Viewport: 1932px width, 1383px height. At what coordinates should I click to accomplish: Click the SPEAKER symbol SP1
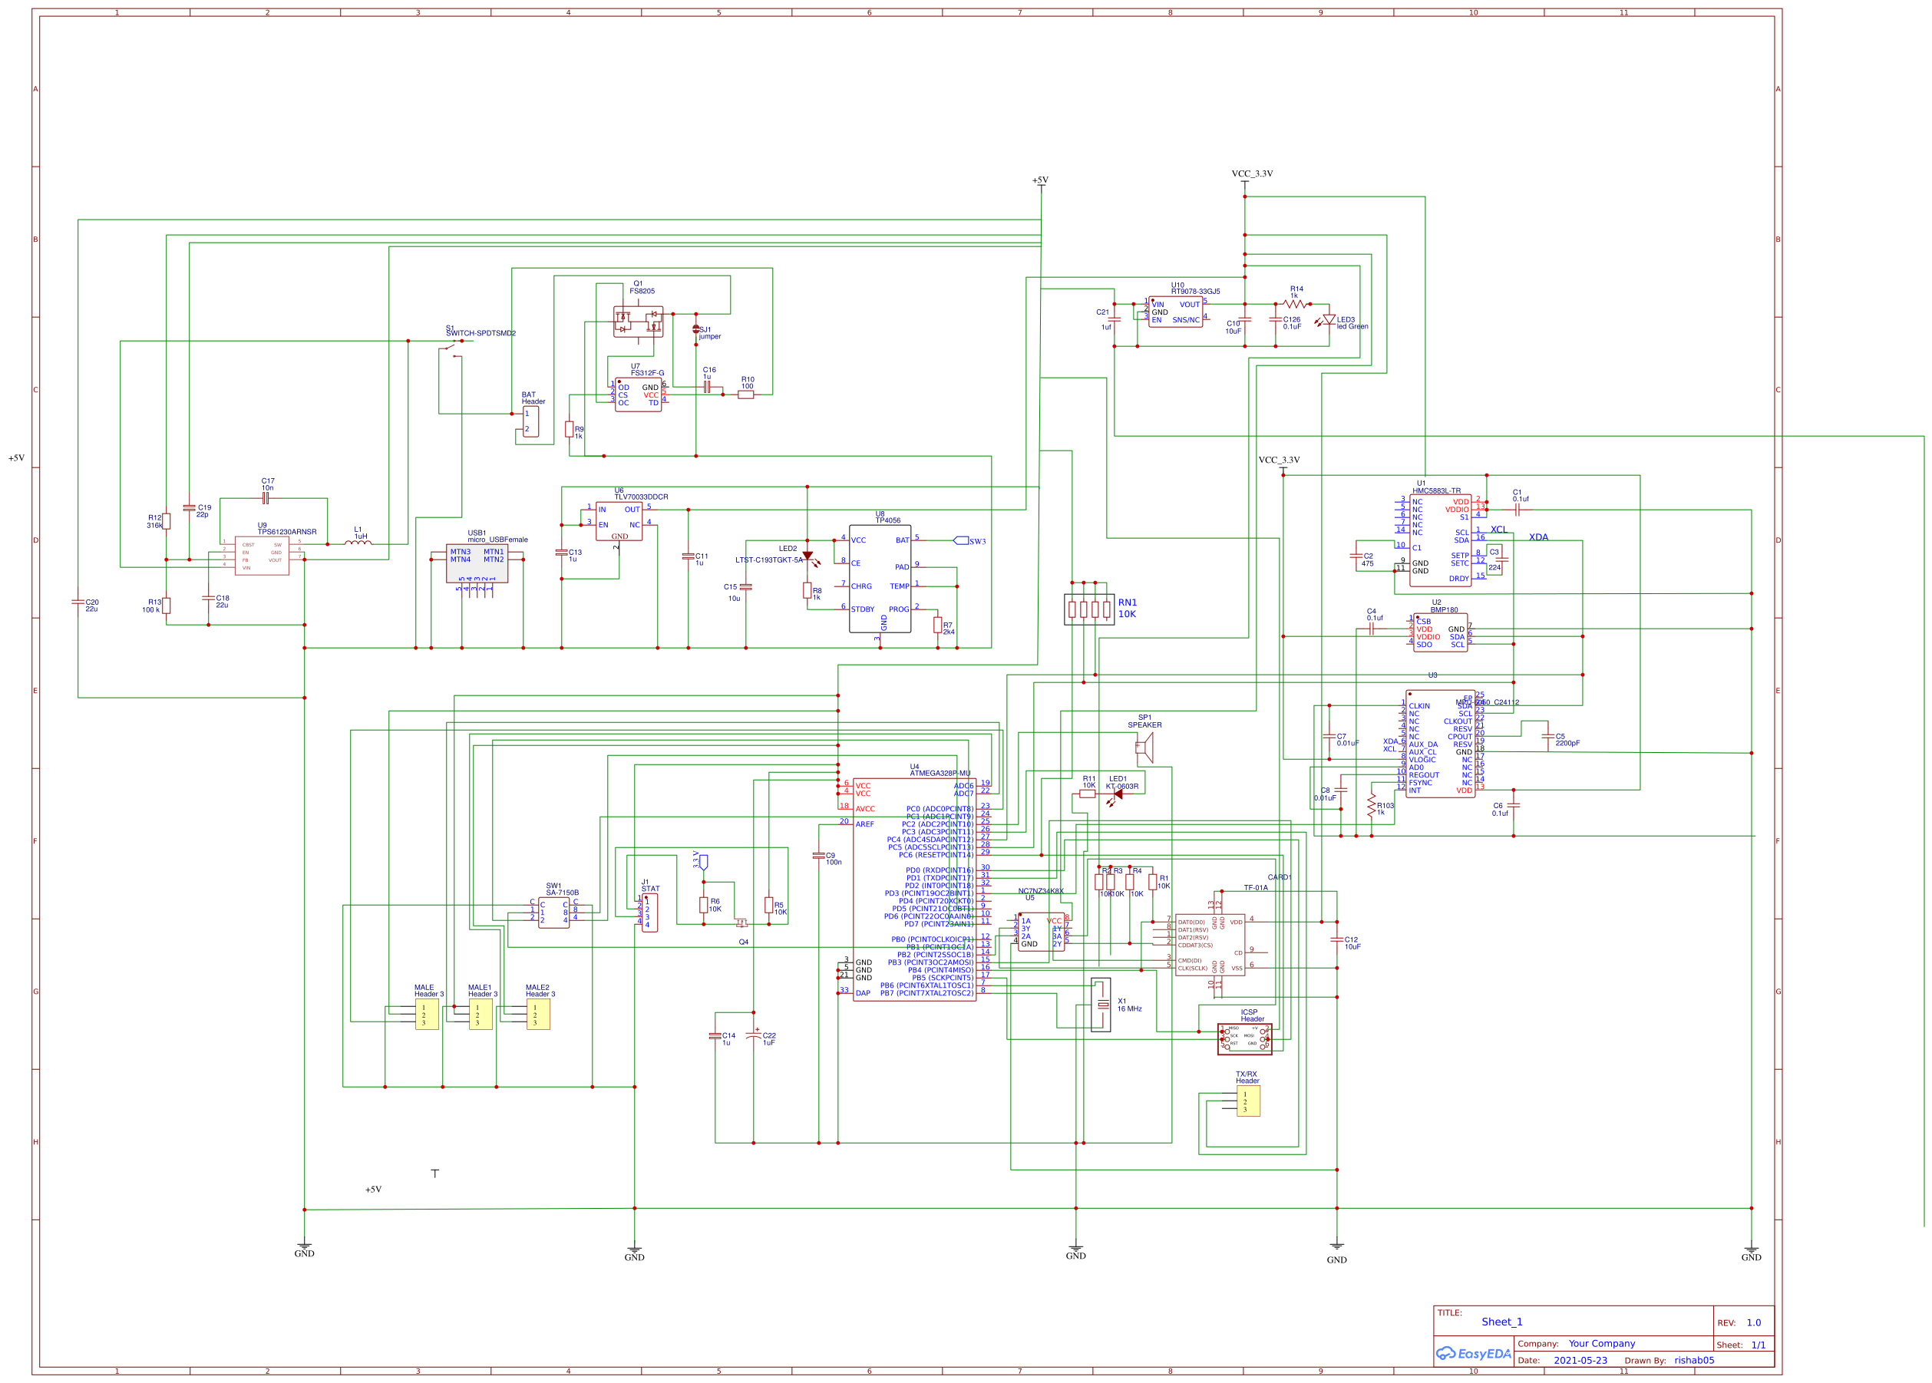(x=1145, y=748)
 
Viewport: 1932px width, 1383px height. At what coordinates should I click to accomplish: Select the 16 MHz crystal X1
(x=1101, y=1005)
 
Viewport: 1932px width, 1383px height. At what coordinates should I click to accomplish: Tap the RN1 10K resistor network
(x=1089, y=609)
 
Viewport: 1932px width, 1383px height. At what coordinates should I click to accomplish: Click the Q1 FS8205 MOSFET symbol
(x=638, y=322)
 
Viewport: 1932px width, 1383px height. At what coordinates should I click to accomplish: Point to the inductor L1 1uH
(x=358, y=542)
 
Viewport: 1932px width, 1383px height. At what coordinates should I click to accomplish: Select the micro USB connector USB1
(x=477, y=564)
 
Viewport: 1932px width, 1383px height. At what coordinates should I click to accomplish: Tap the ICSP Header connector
(x=1245, y=1039)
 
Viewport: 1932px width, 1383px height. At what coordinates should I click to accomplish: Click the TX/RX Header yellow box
(x=1247, y=1101)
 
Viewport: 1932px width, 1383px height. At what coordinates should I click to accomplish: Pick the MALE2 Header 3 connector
(x=537, y=1015)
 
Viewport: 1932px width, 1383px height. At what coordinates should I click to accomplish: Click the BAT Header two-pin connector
(x=530, y=421)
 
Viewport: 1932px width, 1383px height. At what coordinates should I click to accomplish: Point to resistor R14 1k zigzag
(x=1294, y=304)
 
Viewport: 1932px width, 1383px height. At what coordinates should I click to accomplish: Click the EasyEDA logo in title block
(x=1473, y=1353)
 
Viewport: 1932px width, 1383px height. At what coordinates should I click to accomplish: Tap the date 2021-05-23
(x=1580, y=1360)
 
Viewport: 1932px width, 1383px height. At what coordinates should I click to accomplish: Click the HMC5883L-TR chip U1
(x=1440, y=540)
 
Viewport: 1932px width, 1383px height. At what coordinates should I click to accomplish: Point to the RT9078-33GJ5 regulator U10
(x=1175, y=312)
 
